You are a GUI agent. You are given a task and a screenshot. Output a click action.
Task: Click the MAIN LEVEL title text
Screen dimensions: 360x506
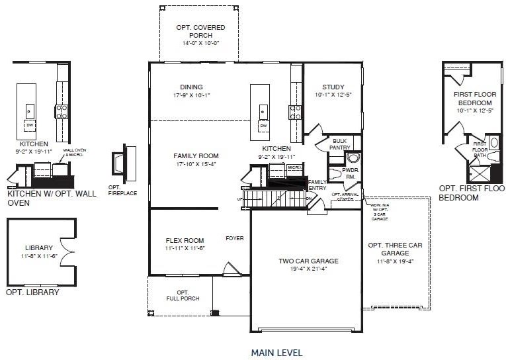point(276,353)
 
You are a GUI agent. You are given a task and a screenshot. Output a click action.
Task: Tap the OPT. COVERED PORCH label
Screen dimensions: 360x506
point(200,31)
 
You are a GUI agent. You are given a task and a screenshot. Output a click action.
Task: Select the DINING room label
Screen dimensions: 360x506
point(191,87)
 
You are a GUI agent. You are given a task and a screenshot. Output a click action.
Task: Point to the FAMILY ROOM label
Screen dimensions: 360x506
point(196,156)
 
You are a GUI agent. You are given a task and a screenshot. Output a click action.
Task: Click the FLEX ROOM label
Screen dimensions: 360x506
point(185,240)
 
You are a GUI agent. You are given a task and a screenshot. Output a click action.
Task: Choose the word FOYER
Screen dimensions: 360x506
point(234,238)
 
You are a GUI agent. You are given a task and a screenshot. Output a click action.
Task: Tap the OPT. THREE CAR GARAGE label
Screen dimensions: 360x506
point(395,249)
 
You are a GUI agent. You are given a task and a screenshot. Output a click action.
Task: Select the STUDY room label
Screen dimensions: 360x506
point(333,87)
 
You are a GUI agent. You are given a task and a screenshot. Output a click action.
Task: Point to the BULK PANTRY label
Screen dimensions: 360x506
point(339,144)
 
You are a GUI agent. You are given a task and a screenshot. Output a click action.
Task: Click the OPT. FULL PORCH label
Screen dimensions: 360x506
point(183,296)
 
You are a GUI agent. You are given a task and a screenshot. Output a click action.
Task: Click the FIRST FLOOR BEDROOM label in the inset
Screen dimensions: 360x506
point(474,99)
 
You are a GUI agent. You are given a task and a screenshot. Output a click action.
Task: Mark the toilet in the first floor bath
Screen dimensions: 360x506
point(493,157)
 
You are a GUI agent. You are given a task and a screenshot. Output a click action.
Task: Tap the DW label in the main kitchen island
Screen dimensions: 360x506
point(263,126)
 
